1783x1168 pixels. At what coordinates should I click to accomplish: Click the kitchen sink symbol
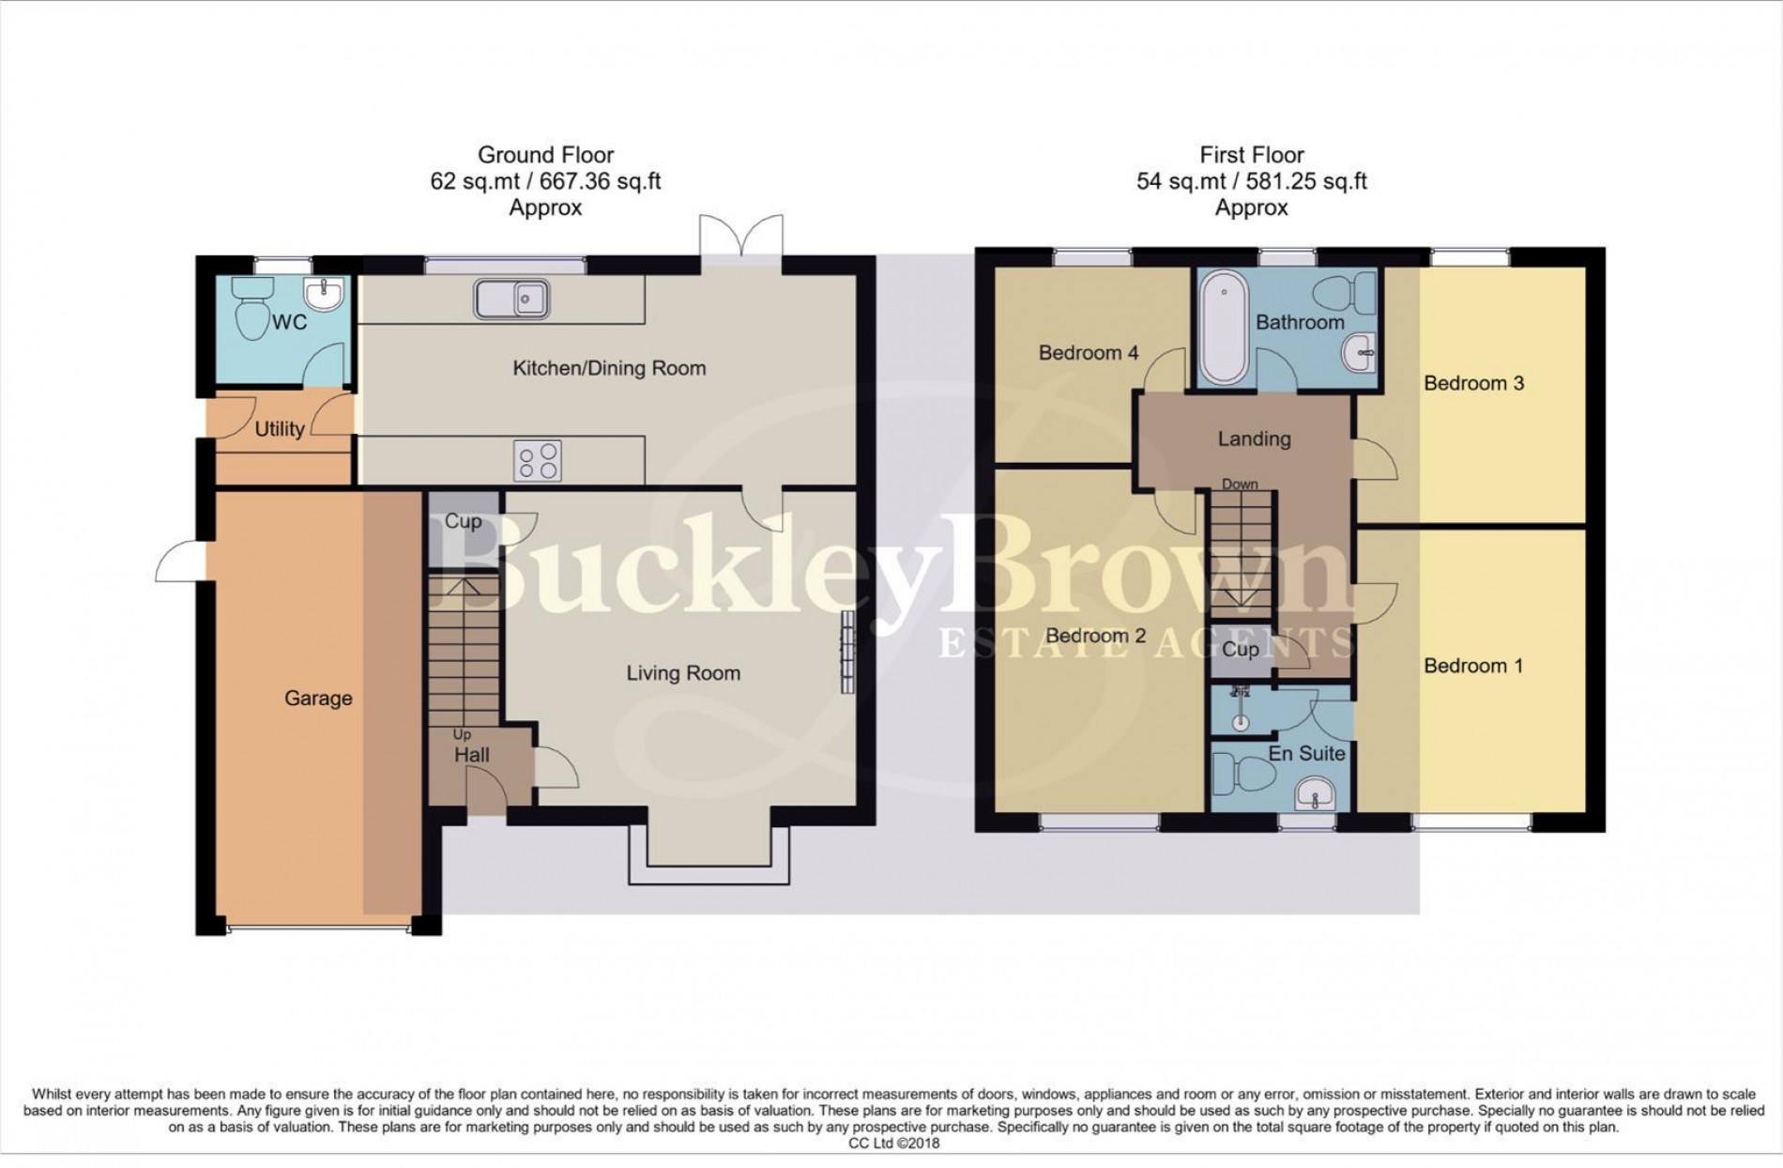(x=511, y=300)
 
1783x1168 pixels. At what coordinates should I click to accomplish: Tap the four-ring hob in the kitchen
(x=538, y=461)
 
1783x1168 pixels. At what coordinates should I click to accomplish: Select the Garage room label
(x=318, y=699)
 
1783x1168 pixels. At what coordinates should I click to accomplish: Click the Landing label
(x=1254, y=438)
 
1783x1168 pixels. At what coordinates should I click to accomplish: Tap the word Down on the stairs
(x=1240, y=484)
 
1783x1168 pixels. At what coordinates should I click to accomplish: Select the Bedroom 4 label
(x=1089, y=353)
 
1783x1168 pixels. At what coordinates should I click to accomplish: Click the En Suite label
(x=1306, y=753)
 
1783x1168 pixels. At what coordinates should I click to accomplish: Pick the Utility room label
(x=280, y=429)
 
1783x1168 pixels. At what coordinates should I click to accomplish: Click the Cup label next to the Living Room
(x=463, y=521)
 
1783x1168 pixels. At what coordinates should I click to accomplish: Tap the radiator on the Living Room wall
(x=847, y=652)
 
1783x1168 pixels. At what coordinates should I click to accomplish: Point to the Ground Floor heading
(x=545, y=155)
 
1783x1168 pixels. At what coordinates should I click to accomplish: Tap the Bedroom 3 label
(x=1473, y=383)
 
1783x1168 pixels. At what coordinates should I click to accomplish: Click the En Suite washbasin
(x=1318, y=795)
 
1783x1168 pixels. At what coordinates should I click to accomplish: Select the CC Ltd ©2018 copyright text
(x=892, y=1143)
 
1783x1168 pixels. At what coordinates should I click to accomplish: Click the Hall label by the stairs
(x=472, y=755)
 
